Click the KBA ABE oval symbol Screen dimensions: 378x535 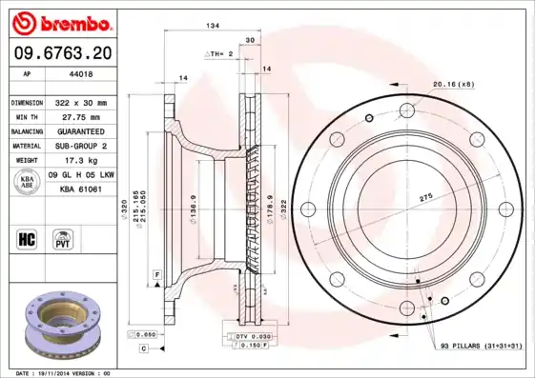[27, 182]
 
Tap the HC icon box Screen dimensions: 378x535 [27, 238]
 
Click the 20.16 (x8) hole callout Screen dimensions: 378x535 [455, 85]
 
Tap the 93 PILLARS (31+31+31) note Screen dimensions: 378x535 [482, 346]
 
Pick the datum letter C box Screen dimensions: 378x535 [143, 349]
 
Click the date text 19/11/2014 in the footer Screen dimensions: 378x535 [65, 373]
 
